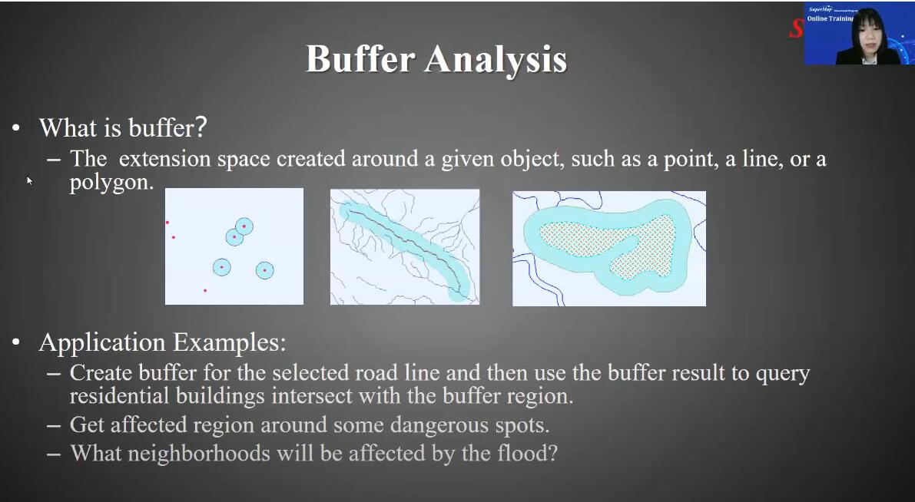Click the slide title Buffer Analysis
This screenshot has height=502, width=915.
(436, 59)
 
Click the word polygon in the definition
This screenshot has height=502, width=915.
(111, 183)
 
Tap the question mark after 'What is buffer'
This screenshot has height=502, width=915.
(201, 127)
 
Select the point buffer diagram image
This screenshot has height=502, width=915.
(234, 246)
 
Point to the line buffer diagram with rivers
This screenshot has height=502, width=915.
(405, 246)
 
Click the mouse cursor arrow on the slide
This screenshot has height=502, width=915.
(29, 180)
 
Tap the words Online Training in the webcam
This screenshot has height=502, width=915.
(830, 18)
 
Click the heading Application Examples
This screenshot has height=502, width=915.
(163, 342)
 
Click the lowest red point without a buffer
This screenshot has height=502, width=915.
(205, 290)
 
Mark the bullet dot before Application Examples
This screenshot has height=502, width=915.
(16, 343)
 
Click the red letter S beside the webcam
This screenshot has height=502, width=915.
(796, 28)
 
